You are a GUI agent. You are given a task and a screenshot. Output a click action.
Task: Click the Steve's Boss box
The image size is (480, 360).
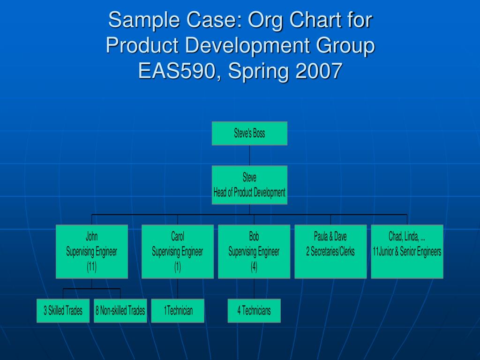[249, 134]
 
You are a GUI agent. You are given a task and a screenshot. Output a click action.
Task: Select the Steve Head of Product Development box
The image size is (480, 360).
[249, 185]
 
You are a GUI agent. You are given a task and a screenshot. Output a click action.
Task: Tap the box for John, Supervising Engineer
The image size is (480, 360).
[92, 252]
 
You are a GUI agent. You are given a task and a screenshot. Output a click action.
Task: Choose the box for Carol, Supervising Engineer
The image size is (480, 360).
[178, 252]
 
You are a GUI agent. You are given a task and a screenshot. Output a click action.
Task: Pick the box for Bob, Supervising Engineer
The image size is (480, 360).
[254, 252]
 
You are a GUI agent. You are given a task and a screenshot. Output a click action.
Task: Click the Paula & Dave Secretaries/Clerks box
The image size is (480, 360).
[330, 252]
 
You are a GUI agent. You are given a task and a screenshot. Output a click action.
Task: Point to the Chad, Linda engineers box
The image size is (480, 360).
[407, 252]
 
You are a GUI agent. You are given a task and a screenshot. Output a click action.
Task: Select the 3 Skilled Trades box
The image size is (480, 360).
[63, 311]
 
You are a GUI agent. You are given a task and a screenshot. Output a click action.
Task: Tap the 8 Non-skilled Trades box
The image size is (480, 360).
[120, 311]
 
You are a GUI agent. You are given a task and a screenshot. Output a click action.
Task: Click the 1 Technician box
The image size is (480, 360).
[178, 311]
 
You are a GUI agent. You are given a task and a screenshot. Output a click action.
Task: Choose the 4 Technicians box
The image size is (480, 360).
[254, 311]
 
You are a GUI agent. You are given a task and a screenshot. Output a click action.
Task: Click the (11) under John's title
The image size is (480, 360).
[92, 267]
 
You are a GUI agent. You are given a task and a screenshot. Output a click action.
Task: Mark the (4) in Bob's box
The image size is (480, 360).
[254, 267]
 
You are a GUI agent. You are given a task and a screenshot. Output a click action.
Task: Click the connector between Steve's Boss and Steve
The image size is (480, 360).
[249, 156]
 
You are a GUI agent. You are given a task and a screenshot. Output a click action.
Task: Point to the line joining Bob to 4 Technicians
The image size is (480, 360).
[254, 289]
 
